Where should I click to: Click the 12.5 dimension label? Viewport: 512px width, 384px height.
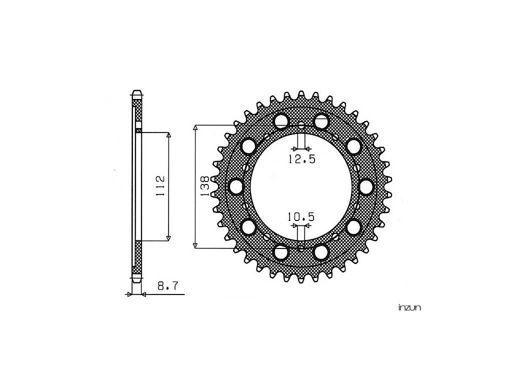(x=301, y=159)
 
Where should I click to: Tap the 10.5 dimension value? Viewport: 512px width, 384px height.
(x=300, y=216)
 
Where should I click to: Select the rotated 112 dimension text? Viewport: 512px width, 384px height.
(x=160, y=186)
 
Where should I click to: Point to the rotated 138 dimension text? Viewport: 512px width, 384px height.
(x=204, y=186)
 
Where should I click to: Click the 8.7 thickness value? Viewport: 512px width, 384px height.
(x=167, y=286)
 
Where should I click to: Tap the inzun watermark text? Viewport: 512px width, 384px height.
(x=409, y=307)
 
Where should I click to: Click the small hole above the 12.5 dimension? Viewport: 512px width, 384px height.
(x=301, y=126)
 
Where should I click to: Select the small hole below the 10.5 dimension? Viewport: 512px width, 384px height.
(x=301, y=246)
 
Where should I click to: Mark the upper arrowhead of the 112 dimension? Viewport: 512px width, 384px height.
(x=169, y=135)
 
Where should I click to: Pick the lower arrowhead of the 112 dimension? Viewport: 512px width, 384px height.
(x=169, y=238)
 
